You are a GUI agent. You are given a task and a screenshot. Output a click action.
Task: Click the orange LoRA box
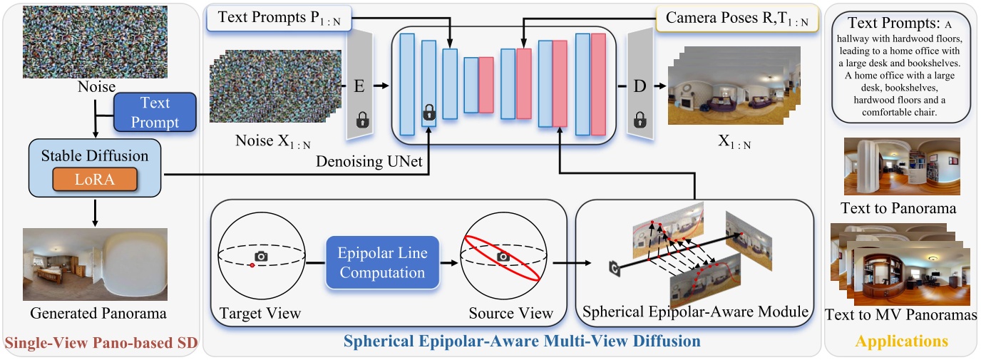coord(95,180)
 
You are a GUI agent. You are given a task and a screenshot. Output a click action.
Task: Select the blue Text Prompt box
coord(155,112)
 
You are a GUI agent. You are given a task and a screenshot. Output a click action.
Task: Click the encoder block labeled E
coord(360,87)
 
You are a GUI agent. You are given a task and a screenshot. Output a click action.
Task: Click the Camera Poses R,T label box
coord(736,21)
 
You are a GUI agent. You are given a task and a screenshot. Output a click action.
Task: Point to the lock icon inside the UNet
coord(428,111)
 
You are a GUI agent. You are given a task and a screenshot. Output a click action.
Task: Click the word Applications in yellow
coord(901,341)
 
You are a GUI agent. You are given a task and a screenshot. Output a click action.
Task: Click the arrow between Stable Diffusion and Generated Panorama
coord(95,212)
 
